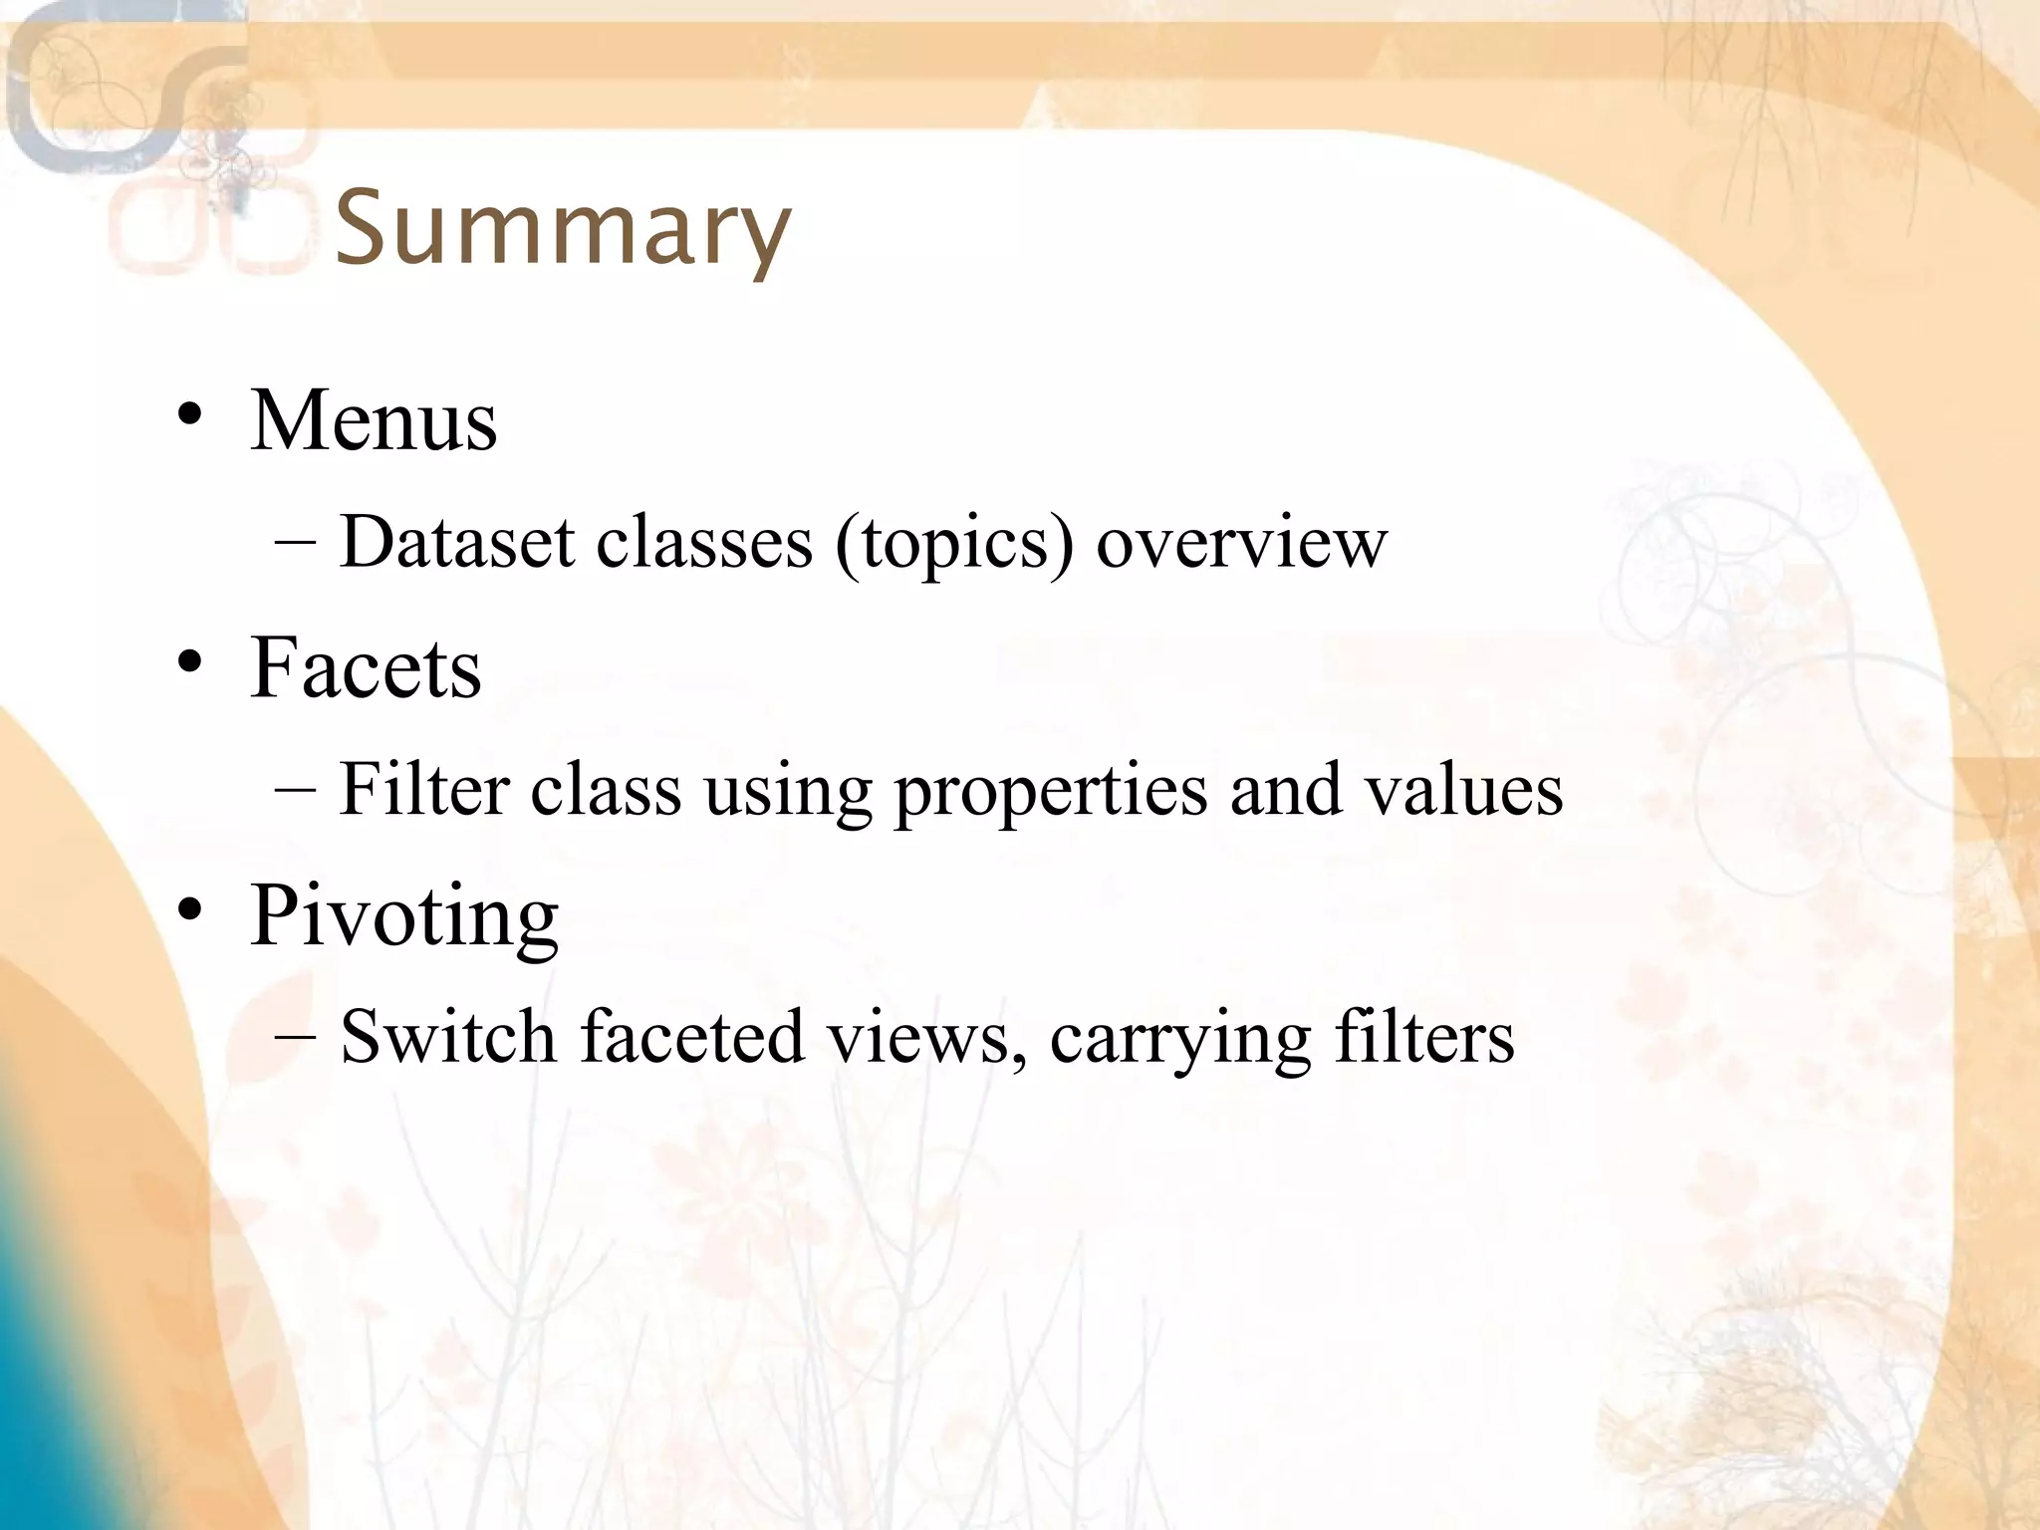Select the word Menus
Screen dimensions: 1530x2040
374,420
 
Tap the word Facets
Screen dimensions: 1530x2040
366,667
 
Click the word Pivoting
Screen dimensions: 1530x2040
403,914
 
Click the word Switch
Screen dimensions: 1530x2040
448,1037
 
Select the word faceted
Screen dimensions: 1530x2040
692,1037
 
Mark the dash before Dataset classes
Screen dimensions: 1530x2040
295,543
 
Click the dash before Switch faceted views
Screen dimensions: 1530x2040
295,1037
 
